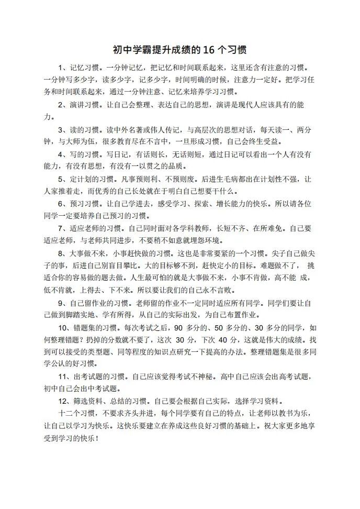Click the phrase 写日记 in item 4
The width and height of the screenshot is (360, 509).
[116, 154]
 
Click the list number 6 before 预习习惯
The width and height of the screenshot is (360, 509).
[61, 203]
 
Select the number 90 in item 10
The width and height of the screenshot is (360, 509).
[177, 328]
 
